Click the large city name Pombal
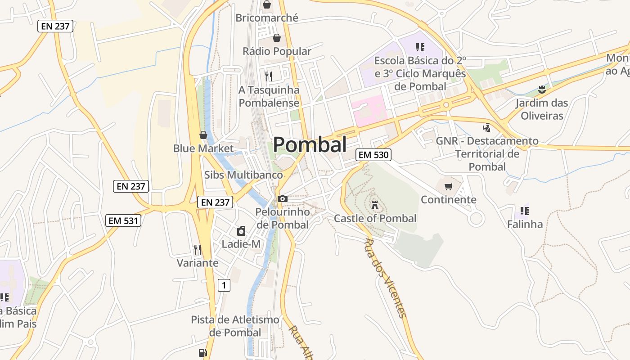[x=310, y=145]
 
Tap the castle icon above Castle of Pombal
[x=374, y=205]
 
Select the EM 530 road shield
[x=373, y=155]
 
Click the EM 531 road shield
[x=123, y=220]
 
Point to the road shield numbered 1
[x=224, y=285]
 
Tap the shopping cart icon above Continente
[x=448, y=186]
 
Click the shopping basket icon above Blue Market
[x=203, y=135]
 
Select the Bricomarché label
[x=267, y=18]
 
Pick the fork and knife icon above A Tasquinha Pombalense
[x=269, y=76]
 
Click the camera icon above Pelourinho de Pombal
[x=283, y=198]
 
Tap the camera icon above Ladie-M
[x=241, y=231]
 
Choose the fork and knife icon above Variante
[x=197, y=250]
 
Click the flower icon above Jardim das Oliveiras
[x=542, y=89]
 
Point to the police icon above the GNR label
[x=486, y=128]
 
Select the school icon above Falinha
[x=524, y=211]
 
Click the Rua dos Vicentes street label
[x=385, y=278]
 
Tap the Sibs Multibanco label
[x=243, y=175]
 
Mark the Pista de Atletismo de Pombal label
[x=235, y=326]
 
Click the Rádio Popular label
[x=277, y=51]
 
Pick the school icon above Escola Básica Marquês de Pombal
[x=420, y=47]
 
